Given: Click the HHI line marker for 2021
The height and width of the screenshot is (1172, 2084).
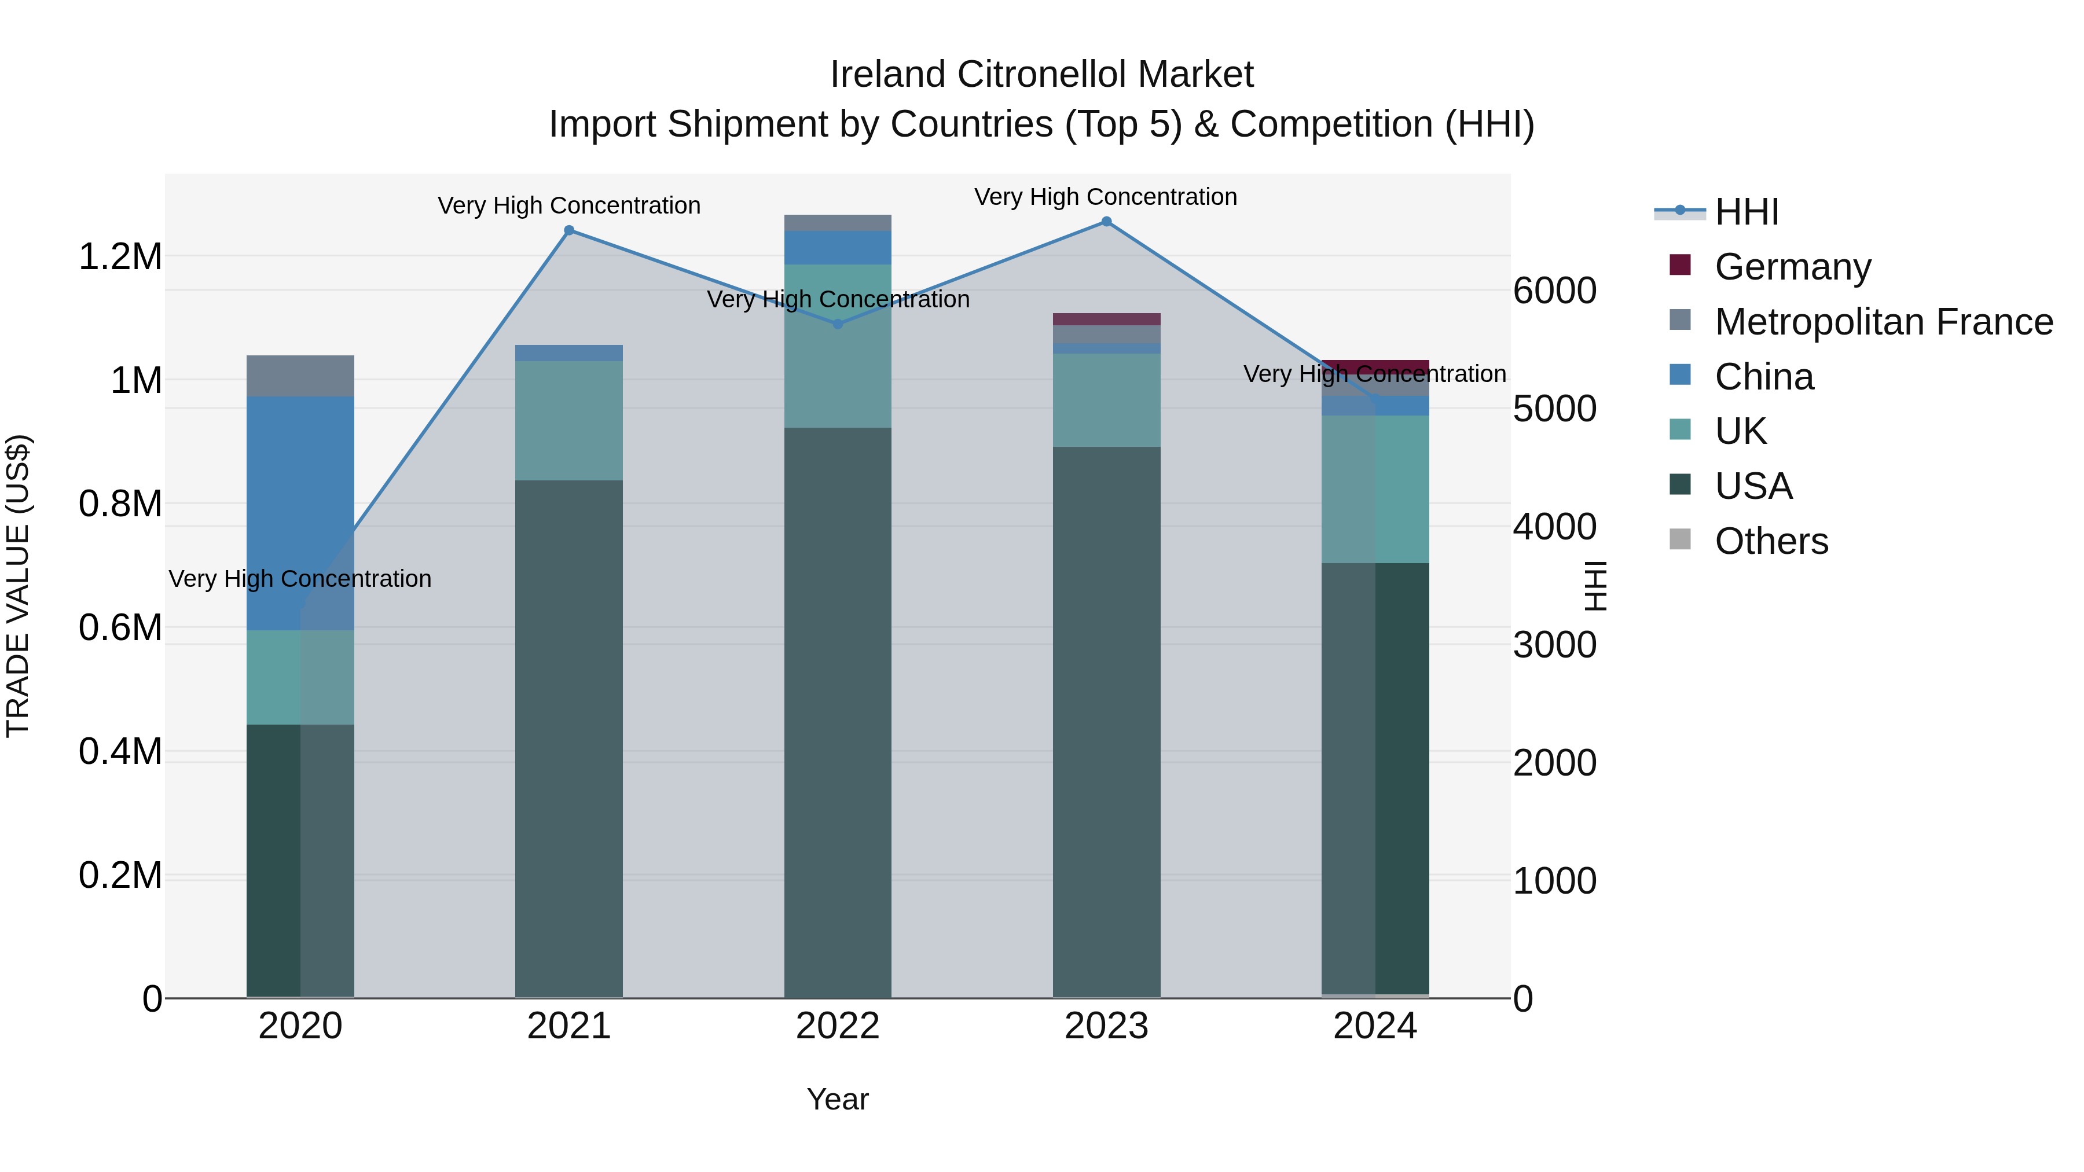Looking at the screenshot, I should pyautogui.click(x=568, y=230).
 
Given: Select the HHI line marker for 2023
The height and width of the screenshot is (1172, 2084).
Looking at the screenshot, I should pyautogui.click(x=1106, y=222).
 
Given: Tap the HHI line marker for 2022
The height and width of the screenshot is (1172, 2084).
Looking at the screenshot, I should pyautogui.click(x=837, y=324).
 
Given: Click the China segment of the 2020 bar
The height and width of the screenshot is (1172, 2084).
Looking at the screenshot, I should pyautogui.click(x=300, y=513).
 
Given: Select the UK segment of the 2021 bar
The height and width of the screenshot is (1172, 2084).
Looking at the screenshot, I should pyautogui.click(x=568, y=421).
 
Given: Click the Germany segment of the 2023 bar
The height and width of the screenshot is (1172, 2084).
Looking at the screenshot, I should pyautogui.click(x=1106, y=319).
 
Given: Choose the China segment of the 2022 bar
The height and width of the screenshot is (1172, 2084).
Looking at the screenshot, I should pyautogui.click(x=837, y=248).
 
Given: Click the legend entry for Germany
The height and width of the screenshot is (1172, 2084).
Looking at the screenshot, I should pyautogui.click(x=1791, y=267).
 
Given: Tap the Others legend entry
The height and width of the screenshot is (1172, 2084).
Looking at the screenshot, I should pyautogui.click(x=1770, y=541).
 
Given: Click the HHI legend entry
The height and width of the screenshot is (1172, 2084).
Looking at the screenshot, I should pyautogui.click(x=1746, y=212).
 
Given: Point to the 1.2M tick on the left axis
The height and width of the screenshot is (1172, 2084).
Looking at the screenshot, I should pyautogui.click(x=120, y=257).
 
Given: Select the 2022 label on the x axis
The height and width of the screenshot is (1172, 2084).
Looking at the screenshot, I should pyautogui.click(x=837, y=1026).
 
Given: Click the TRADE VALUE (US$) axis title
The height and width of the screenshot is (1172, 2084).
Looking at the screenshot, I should pyautogui.click(x=18, y=586).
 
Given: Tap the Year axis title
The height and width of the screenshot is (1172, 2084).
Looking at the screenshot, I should pyautogui.click(x=837, y=1099).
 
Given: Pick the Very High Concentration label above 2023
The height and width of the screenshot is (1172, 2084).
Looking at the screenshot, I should pyautogui.click(x=1105, y=197).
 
